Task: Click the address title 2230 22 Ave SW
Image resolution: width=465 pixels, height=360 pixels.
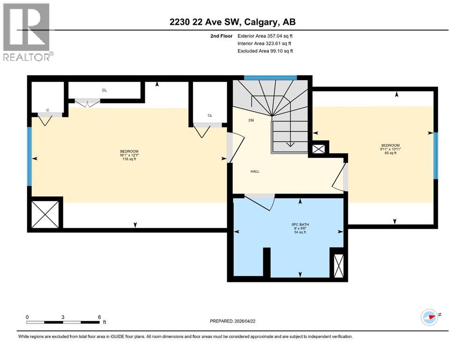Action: pyautogui.click(x=232, y=22)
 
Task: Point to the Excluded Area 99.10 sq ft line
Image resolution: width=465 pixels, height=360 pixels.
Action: pyautogui.click(x=265, y=51)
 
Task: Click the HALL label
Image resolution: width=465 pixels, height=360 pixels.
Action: pyautogui.click(x=255, y=171)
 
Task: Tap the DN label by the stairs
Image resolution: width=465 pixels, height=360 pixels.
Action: pyautogui.click(x=251, y=120)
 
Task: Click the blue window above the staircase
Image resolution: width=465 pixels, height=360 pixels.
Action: pyautogui.click(x=271, y=77)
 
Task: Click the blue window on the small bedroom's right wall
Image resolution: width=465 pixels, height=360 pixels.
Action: pyautogui.click(x=435, y=156)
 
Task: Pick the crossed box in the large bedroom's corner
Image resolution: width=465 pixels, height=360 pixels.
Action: pyautogui.click(x=45, y=214)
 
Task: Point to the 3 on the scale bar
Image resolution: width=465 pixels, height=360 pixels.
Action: pyautogui.click(x=63, y=317)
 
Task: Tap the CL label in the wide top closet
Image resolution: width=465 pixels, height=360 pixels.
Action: pyautogui.click(x=104, y=90)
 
